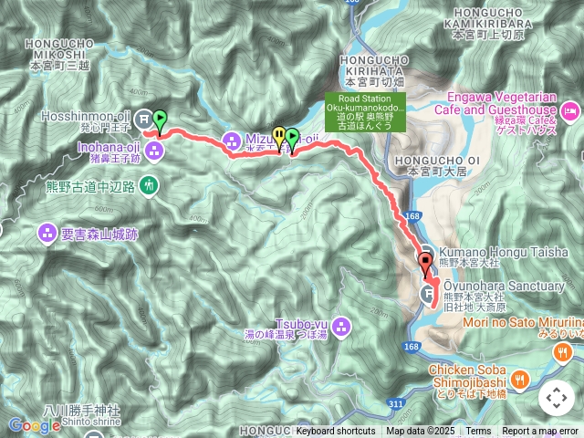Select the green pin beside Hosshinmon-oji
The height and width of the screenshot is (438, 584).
click(160, 119)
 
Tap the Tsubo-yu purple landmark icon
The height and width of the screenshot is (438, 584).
click(341, 324)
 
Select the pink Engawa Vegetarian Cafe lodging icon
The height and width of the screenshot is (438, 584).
click(569, 112)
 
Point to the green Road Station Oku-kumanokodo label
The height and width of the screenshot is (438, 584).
click(364, 110)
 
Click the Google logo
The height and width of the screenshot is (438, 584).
click(34, 425)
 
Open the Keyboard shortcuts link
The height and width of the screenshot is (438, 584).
click(335, 432)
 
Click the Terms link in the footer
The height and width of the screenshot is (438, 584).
click(478, 432)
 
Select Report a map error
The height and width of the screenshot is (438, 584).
click(540, 432)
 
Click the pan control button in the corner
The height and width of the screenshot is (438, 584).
click(556, 398)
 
